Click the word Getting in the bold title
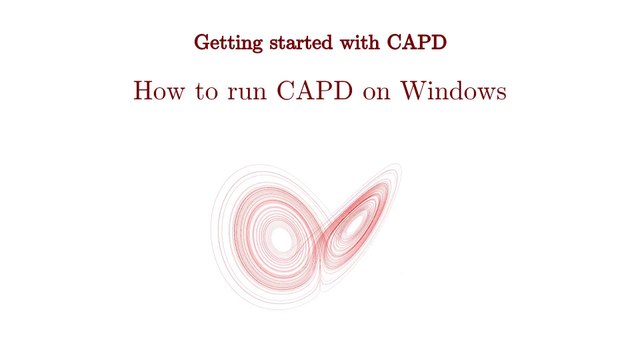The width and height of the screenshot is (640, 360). point(228,43)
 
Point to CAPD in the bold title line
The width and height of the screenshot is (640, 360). point(417,42)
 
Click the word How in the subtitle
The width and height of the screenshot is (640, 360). point(159,91)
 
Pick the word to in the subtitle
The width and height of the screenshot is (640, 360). point(206,92)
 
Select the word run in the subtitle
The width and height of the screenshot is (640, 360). point(247,94)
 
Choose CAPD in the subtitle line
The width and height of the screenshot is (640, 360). point(315,91)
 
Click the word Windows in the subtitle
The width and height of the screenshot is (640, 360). point(453,91)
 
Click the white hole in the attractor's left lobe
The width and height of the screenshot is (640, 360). point(282,239)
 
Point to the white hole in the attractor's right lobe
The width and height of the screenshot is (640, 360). point(353,226)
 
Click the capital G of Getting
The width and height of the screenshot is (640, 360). point(203,42)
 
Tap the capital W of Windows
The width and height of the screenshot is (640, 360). point(413,91)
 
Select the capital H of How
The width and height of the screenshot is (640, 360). point(144,91)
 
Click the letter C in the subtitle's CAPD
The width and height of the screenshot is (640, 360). point(286,91)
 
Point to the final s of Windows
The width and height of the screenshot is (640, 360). point(502,94)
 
